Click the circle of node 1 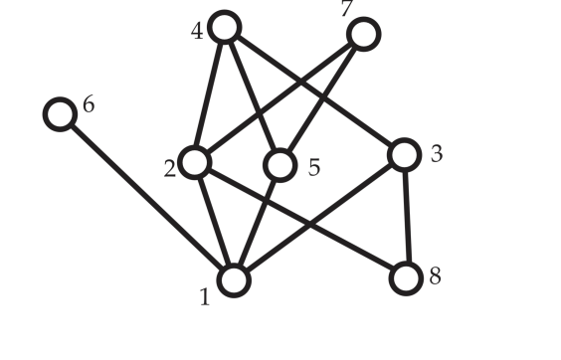point(233,280)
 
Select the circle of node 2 point(195,161)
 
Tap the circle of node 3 point(404,154)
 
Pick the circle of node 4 point(225,28)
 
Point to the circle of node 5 point(280,165)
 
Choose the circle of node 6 point(61,114)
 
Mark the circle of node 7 point(364,35)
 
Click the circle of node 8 point(406,278)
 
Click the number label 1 point(205,297)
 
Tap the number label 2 point(170,167)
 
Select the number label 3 point(437,154)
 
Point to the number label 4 point(197,31)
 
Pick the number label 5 point(314,167)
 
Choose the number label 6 point(89,103)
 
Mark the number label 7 point(346,10)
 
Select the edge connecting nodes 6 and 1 point(146,197)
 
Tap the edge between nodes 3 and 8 point(405,217)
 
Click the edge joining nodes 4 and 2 point(210,94)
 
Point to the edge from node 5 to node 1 point(257,223)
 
